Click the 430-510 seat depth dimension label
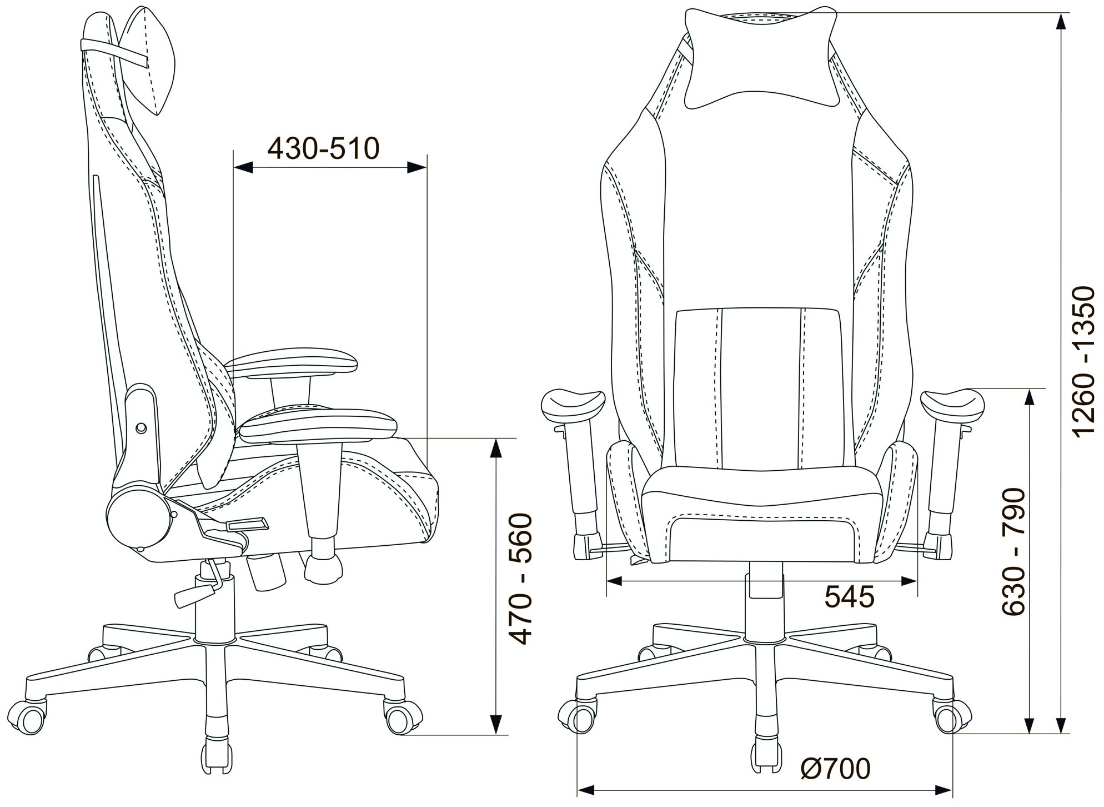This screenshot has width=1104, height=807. point(323,148)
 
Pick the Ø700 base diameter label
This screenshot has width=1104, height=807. point(836,769)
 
